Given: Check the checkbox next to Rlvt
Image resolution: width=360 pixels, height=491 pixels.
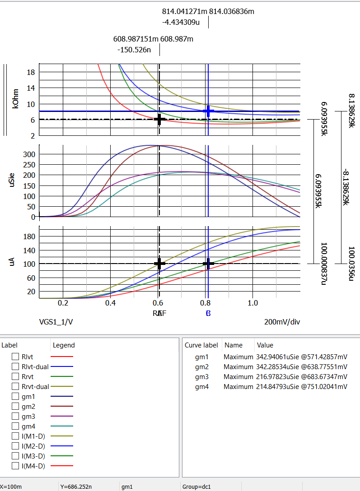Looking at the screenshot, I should tap(15, 357).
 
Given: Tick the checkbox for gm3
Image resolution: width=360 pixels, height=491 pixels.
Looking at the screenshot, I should tap(15, 417).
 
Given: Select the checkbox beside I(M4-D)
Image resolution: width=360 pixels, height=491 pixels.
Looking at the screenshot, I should tap(15, 466).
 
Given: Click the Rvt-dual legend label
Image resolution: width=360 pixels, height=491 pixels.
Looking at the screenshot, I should tap(35, 387).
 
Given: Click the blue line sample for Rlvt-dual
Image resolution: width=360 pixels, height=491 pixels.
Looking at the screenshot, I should tap(62, 367).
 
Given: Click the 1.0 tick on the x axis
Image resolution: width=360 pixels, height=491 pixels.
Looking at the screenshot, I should tap(253, 303).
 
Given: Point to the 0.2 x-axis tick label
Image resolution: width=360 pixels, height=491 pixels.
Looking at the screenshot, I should tap(63, 303).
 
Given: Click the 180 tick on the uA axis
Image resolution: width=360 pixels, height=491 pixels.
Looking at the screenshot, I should tap(29, 236).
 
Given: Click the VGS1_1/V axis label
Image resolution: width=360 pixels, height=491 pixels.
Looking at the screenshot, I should tap(56, 322).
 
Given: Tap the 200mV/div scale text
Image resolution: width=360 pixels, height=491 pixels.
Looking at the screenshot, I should tap(282, 322).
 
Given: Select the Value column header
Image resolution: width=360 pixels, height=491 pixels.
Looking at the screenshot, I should tap(265, 345).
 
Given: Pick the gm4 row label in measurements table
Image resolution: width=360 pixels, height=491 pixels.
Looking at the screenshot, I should tap(201, 387).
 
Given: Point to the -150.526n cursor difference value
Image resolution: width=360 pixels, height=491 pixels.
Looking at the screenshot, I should tap(134, 50).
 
